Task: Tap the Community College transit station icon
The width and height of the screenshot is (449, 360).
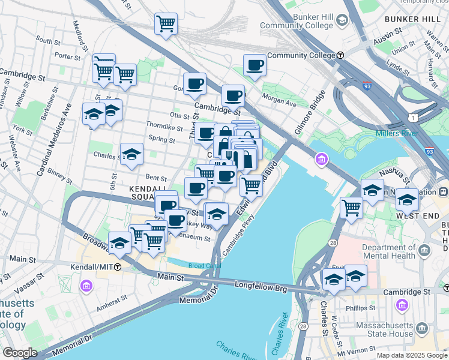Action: point(340,55)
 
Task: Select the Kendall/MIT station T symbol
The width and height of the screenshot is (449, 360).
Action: point(118,266)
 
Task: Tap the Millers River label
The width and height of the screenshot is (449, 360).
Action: point(397,133)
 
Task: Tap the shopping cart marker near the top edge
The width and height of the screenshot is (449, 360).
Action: point(166,25)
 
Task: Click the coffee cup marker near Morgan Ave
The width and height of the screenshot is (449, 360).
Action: point(255,65)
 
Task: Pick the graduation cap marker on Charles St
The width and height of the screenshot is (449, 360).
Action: point(131,155)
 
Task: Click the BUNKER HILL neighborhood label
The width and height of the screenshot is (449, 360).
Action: point(416,19)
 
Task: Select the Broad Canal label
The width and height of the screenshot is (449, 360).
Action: point(189,265)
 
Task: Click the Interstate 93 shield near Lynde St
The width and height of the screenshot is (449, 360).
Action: point(367,86)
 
